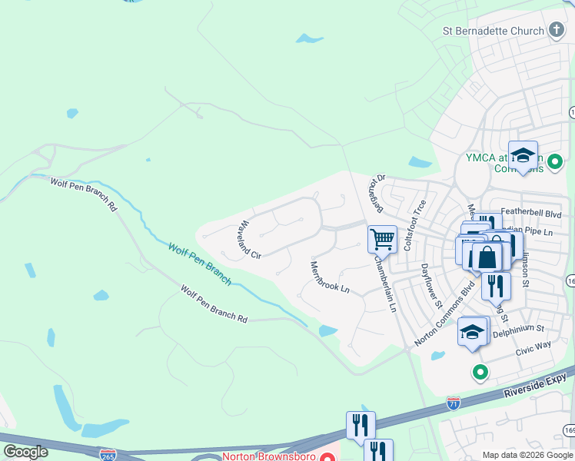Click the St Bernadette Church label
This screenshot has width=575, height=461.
(x=493, y=32)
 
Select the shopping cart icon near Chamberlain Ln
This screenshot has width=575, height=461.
(x=382, y=239)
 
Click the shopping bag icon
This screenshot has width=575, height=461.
(x=487, y=257)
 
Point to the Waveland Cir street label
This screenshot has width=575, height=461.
(x=250, y=240)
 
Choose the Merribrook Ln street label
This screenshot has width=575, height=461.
(x=329, y=277)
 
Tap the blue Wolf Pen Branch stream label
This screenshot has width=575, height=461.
(x=200, y=264)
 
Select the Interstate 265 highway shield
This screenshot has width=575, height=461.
(x=108, y=455)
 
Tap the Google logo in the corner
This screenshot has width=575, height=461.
(x=25, y=451)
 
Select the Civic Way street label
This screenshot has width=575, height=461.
(x=533, y=347)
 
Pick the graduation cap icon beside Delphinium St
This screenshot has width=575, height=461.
(x=473, y=332)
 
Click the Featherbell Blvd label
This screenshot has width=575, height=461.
(x=531, y=214)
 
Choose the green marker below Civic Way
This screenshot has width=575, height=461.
(x=480, y=373)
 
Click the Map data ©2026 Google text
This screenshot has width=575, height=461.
(x=527, y=455)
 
